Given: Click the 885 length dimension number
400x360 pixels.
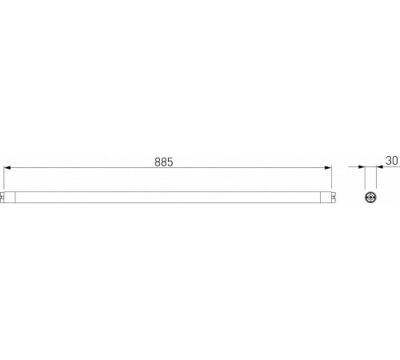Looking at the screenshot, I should click(x=164, y=161).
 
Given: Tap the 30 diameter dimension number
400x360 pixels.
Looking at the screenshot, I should click(x=392, y=161).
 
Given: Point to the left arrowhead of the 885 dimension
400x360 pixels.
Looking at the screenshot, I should click(x=8, y=168).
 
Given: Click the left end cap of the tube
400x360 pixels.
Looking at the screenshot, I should click(x=6, y=196).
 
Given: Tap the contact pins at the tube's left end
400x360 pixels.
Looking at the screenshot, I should click(x=2, y=196).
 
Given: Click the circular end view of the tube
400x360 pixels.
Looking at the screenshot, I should click(x=371, y=196).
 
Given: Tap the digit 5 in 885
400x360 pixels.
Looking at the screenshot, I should click(x=170, y=161).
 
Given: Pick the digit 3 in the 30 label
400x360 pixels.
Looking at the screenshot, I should click(x=389, y=161).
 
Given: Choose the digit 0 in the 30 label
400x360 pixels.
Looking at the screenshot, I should click(x=395, y=161).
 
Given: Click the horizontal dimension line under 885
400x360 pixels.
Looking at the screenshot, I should click(x=240, y=168).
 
